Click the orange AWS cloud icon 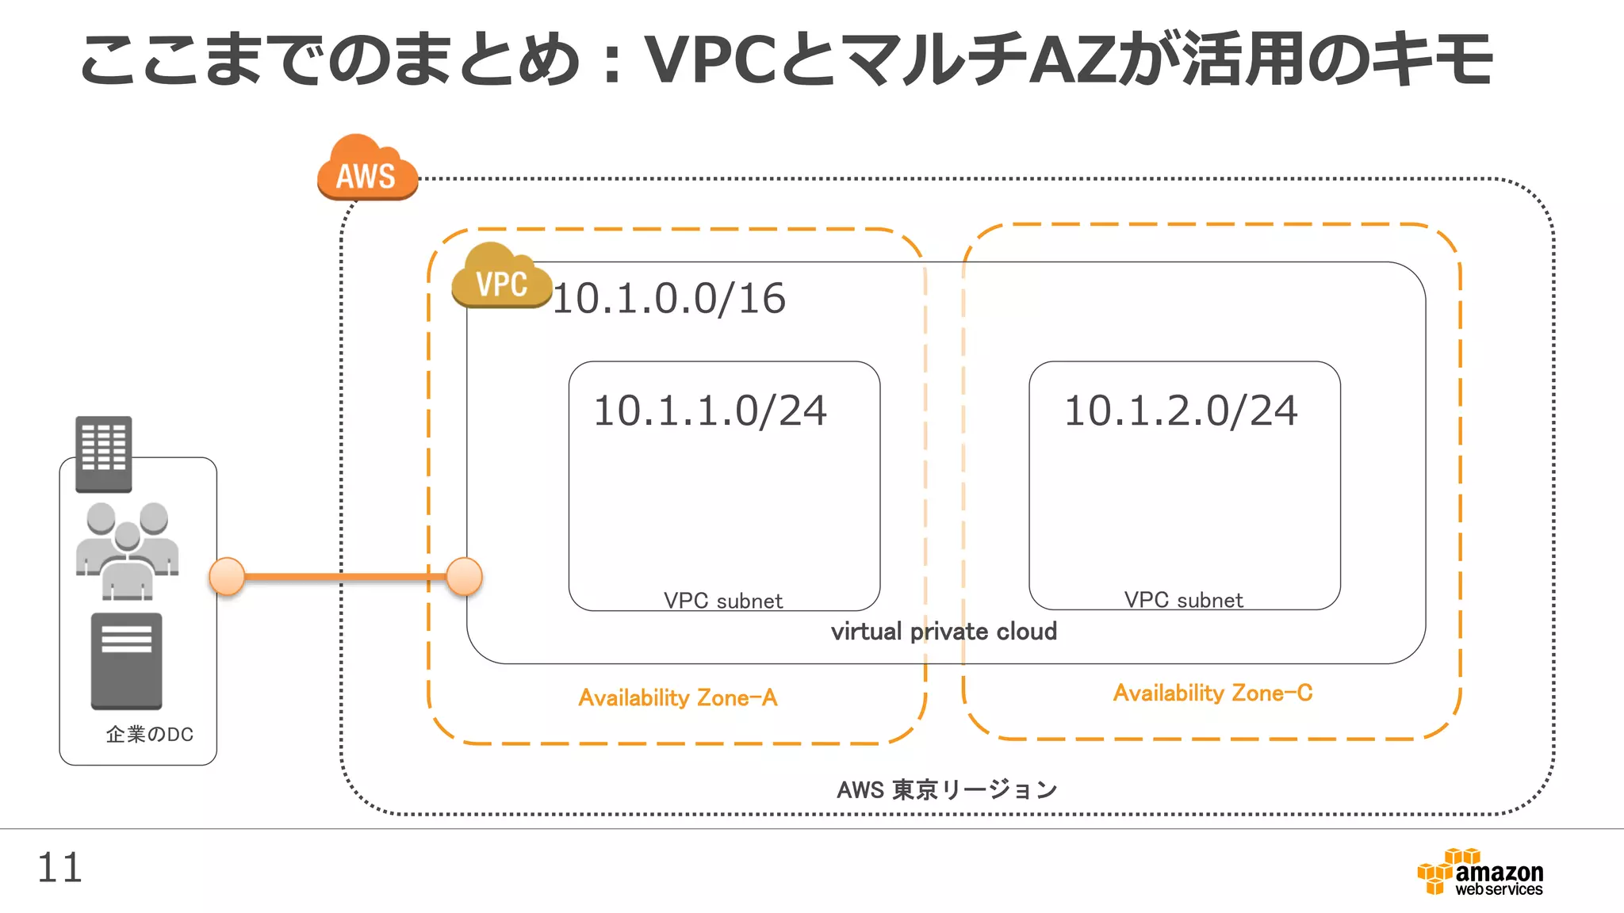point(366,168)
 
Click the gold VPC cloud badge point(501,277)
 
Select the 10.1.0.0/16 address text point(668,299)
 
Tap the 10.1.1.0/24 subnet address point(710,411)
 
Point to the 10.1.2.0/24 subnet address point(1181,411)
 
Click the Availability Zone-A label point(678,697)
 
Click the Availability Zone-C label point(1212,693)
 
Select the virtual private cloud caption point(944,631)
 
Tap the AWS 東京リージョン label point(947,789)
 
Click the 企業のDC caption point(150,735)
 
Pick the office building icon point(104,453)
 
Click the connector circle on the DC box point(227,576)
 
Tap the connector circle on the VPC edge point(465,576)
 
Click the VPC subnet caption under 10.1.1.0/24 point(723,601)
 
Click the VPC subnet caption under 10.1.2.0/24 point(1183,600)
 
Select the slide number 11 point(59,868)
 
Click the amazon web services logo point(1480,873)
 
